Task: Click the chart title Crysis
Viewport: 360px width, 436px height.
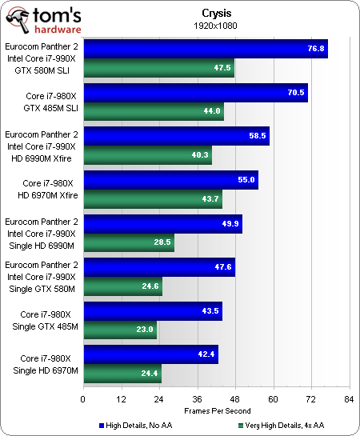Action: point(213,12)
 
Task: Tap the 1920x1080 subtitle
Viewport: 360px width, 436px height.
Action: point(213,24)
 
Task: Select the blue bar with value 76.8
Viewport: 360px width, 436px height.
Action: point(205,49)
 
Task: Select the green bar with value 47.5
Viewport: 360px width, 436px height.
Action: point(158,68)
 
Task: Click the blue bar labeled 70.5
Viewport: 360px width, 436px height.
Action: point(195,93)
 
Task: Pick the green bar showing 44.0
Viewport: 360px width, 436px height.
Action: point(153,111)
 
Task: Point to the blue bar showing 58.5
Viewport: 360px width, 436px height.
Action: point(176,136)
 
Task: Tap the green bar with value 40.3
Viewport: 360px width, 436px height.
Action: point(147,154)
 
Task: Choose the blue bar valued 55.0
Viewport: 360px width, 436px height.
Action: point(170,180)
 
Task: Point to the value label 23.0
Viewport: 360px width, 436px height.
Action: point(144,329)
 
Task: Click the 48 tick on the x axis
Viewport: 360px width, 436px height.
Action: point(234,398)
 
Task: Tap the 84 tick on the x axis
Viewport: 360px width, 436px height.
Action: point(348,398)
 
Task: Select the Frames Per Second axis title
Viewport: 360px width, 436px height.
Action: point(213,410)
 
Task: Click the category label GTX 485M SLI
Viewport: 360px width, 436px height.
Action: point(49,106)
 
